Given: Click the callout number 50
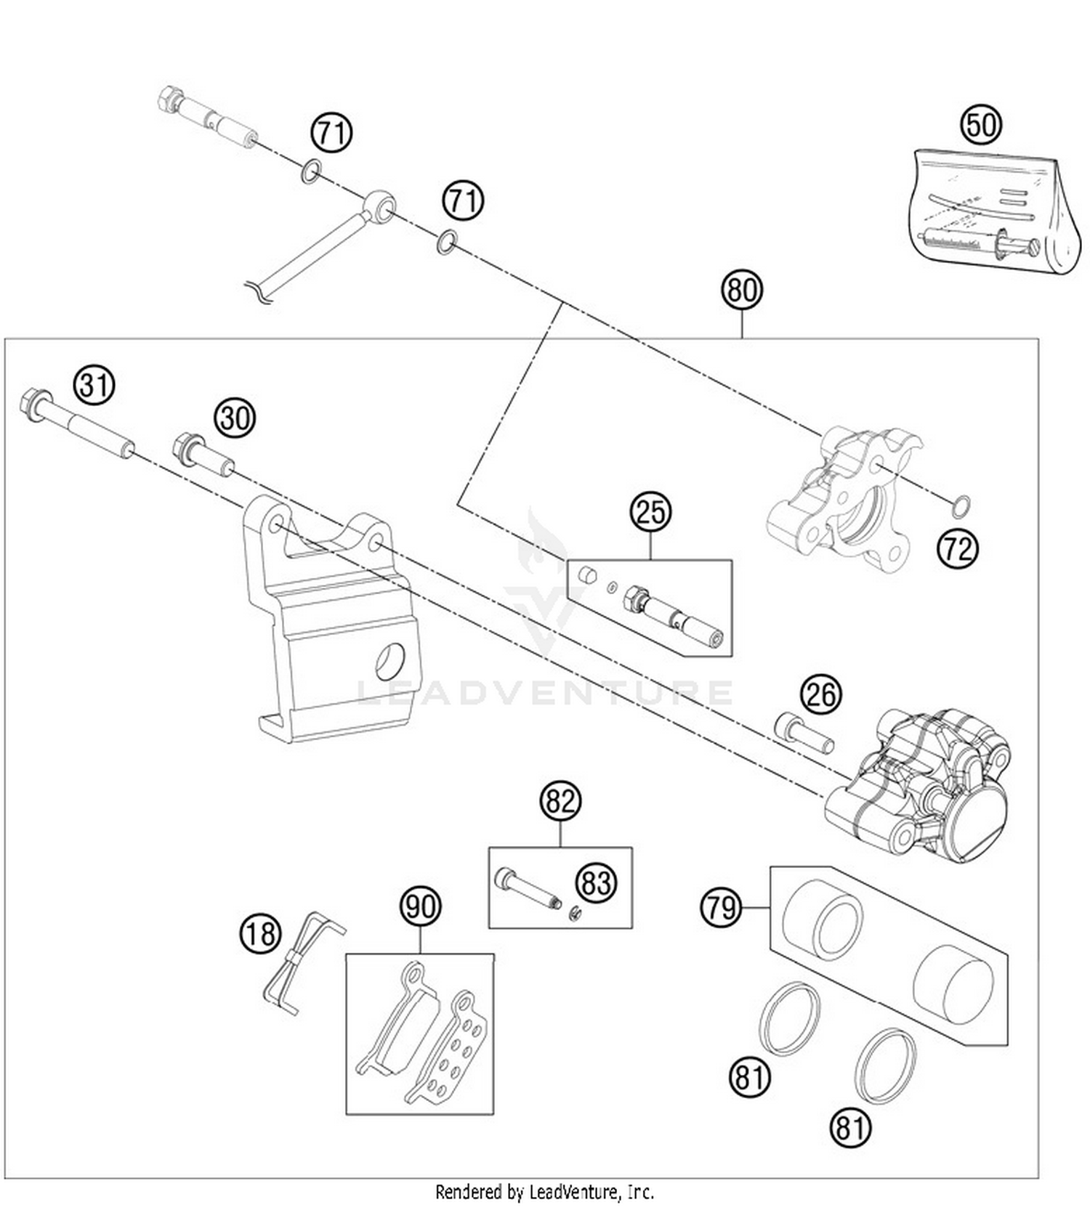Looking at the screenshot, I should [981, 124].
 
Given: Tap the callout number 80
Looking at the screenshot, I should [742, 290].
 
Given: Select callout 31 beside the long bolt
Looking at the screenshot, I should [95, 384].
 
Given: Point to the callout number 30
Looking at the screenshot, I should [235, 418].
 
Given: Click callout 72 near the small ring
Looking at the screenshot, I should [957, 549].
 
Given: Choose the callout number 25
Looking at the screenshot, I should [650, 512].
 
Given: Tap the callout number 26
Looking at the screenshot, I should [821, 694].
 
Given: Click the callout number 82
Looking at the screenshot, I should [560, 802].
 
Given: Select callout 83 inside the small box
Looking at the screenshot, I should [596, 883].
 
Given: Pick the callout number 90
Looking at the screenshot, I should [421, 906].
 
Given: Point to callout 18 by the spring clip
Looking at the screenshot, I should [260, 933].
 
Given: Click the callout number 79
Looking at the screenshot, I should [722, 907].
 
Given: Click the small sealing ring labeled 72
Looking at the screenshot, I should [961, 505].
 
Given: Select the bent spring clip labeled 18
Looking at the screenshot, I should [302, 962].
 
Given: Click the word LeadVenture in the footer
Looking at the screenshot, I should [574, 1192].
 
